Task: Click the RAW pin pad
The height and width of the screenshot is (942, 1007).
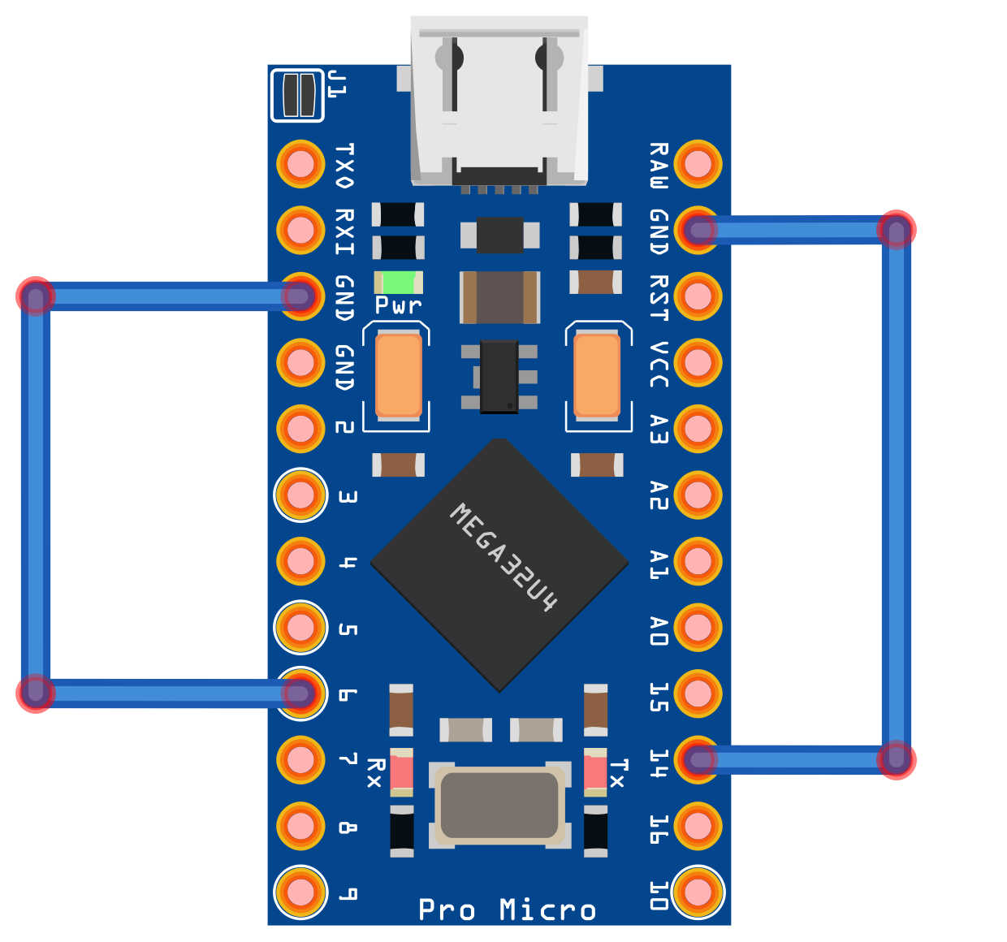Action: [x=698, y=164]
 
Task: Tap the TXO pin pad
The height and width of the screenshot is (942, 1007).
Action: [x=300, y=164]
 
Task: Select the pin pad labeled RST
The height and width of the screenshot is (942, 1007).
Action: [x=698, y=296]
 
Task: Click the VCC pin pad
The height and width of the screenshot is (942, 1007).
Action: [x=698, y=362]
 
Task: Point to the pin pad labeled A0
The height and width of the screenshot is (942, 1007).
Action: [x=698, y=627]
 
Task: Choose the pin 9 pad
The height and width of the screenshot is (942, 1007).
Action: [x=300, y=892]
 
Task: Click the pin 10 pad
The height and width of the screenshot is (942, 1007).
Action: [x=698, y=892]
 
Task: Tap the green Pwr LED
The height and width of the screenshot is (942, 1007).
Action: [x=398, y=283]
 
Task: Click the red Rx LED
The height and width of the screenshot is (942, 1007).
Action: [x=402, y=771]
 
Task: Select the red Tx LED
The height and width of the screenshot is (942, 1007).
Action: [x=595, y=771]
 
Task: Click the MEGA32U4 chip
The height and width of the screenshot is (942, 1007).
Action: [x=499, y=564]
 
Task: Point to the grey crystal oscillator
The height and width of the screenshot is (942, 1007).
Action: [x=499, y=804]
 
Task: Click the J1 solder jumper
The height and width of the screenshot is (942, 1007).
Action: [x=297, y=95]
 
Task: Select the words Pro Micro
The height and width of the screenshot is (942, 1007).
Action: [x=507, y=910]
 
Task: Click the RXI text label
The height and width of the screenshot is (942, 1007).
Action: [x=345, y=231]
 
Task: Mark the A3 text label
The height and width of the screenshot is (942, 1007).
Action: [x=659, y=429]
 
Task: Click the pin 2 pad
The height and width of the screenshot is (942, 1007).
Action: [x=300, y=429]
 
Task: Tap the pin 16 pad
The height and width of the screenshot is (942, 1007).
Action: [x=698, y=825]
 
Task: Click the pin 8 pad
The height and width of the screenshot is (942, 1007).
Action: [x=300, y=825]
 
